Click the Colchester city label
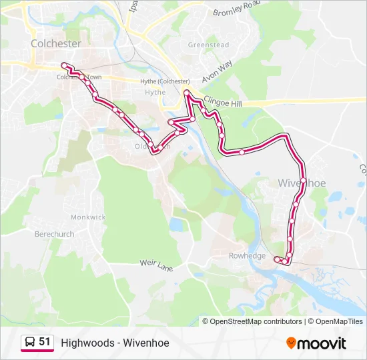pos(56,43)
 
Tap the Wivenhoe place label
pos(302,183)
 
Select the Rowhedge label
pos(247,256)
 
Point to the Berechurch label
pos(55,234)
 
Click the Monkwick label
pos(88,217)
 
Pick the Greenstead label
pos(208,45)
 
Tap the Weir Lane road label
pos(156,264)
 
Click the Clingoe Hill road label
pos(225,102)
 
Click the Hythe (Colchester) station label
pos(165,81)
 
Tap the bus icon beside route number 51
pos(29,343)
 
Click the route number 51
pos(45,342)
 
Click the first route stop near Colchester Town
pos(64,65)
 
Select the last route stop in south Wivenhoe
pos(276,259)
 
